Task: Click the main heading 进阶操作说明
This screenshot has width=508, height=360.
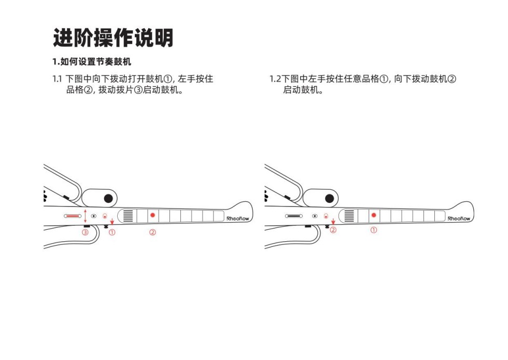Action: click(x=113, y=38)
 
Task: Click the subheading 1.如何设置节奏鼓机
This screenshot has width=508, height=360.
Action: click(x=92, y=62)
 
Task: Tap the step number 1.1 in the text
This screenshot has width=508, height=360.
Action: click(x=57, y=79)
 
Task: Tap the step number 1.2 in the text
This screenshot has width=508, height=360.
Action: click(x=275, y=79)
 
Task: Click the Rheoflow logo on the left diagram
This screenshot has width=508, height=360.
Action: click(x=238, y=218)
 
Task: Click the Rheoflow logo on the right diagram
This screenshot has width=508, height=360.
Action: click(x=459, y=218)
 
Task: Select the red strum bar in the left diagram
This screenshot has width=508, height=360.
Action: click(x=73, y=216)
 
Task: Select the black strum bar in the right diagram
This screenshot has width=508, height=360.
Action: click(x=294, y=216)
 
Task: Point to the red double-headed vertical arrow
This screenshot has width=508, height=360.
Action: click(x=85, y=216)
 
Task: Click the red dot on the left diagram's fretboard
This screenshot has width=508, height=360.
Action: click(x=152, y=215)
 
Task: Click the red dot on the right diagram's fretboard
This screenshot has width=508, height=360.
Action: click(x=374, y=215)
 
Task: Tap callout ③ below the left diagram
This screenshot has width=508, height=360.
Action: click(x=85, y=232)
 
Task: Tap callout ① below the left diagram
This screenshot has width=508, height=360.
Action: click(x=112, y=232)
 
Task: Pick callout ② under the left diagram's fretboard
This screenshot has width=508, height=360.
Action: click(x=152, y=232)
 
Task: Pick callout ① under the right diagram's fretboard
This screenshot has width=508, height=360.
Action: click(x=374, y=230)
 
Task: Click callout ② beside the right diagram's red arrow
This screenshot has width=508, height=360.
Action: click(x=333, y=230)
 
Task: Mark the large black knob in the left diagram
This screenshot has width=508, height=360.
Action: click(x=108, y=199)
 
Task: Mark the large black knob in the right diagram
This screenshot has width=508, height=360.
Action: click(x=329, y=199)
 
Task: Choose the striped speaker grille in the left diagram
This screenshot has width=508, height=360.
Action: click(x=128, y=216)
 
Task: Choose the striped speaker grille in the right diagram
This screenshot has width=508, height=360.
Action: click(x=349, y=216)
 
